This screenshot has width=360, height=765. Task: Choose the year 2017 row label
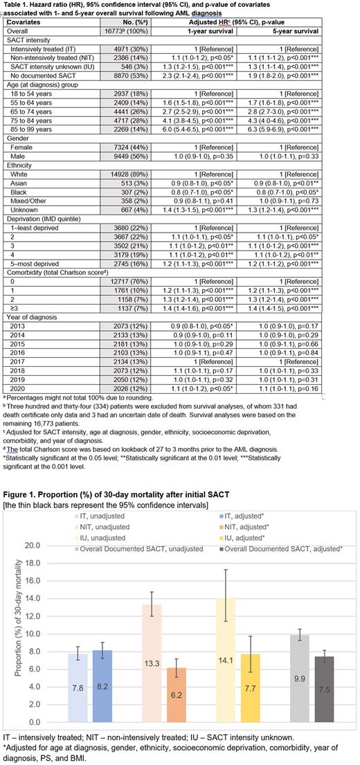coord(20,343)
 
